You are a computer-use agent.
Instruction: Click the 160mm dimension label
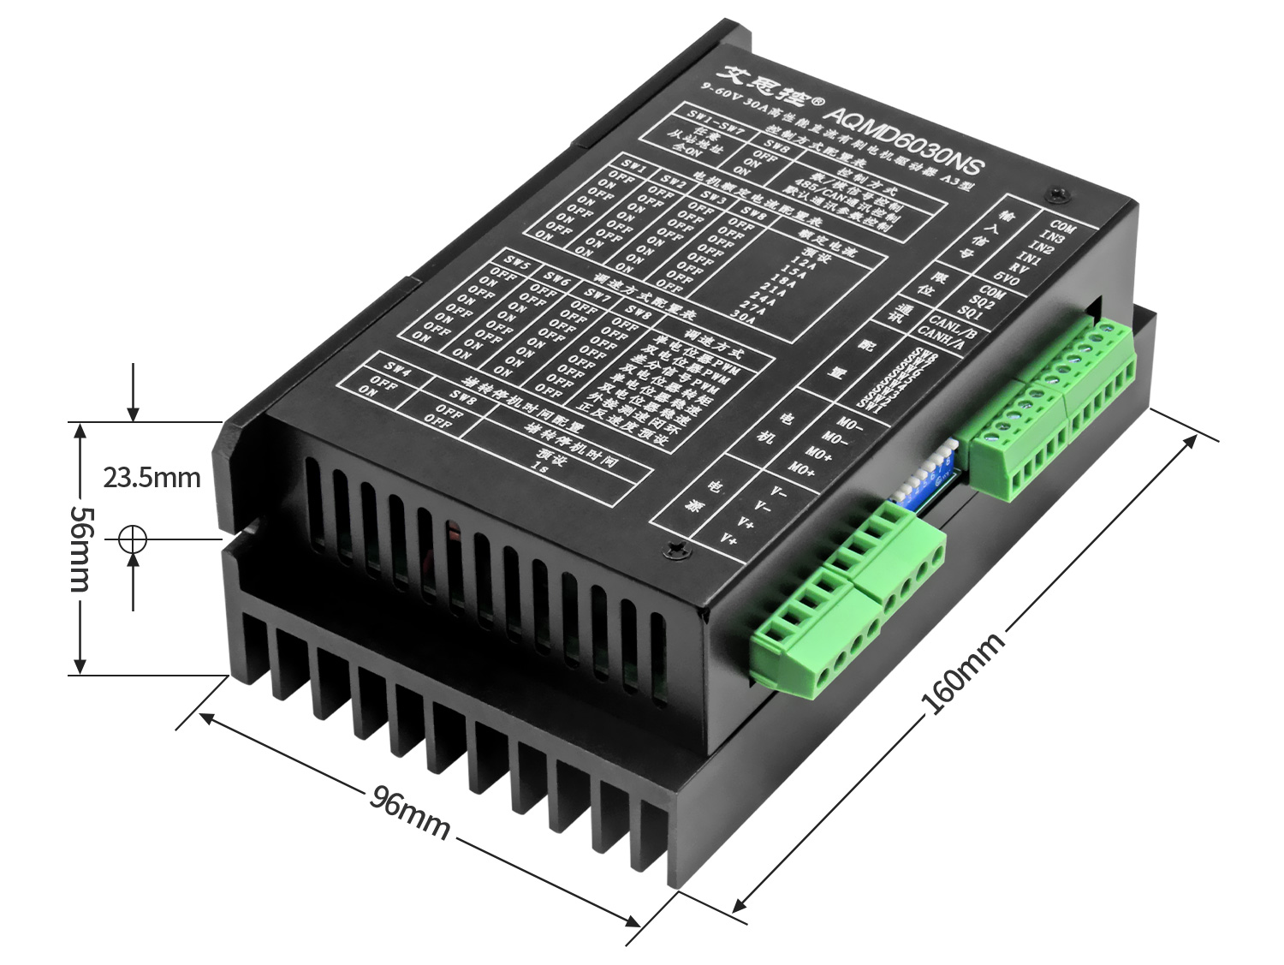coord(962,675)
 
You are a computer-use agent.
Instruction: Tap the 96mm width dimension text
coord(409,812)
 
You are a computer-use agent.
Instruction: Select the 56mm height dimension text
coord(81,548)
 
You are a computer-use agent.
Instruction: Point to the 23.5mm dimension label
coord(152,477)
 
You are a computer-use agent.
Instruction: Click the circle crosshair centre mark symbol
coord(133,539)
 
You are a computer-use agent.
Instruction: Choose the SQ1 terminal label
coord(970,312)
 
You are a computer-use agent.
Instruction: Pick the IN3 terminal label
coord(1052,237)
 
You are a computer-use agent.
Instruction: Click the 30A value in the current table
coord(743,314)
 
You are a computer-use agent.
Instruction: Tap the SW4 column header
coord(397,369)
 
